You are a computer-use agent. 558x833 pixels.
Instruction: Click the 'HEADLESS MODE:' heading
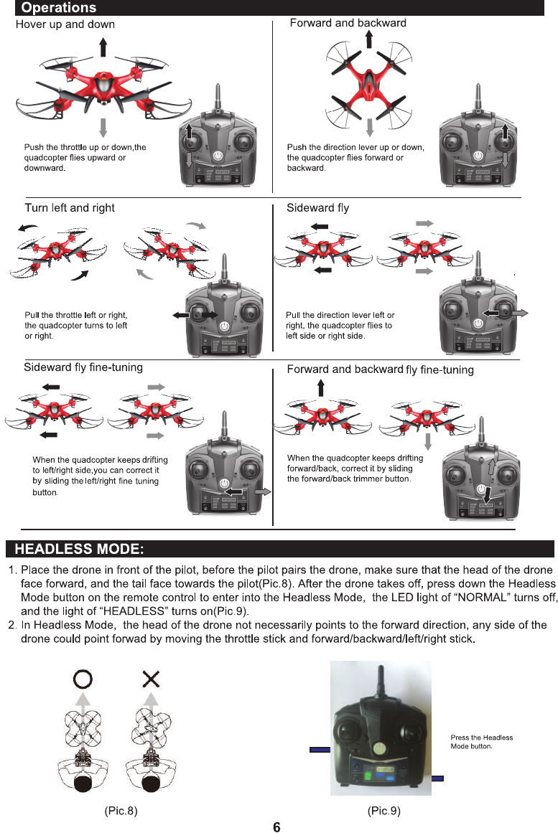pos(80,550)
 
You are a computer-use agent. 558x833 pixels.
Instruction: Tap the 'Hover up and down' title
pos(65,24)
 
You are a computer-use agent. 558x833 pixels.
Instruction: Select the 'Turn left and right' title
pos(70,208)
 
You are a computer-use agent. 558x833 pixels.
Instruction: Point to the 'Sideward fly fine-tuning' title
pos(83,367)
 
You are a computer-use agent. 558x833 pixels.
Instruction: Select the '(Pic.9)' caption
pos(383,811)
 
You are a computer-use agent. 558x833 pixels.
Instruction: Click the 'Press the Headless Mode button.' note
pos(481,742)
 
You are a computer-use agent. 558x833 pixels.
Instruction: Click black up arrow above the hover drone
pos(104,47)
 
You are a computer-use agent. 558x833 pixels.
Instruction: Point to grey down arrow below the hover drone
pos(103,127)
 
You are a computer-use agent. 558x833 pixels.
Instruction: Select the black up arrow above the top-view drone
pos(369,38)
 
